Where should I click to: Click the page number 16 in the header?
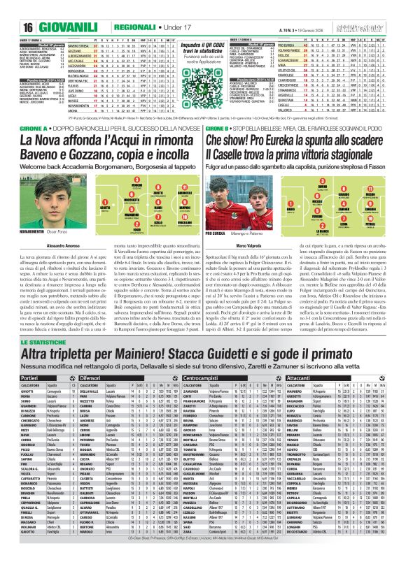point(10,8)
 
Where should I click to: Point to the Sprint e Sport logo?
point(379,8)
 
